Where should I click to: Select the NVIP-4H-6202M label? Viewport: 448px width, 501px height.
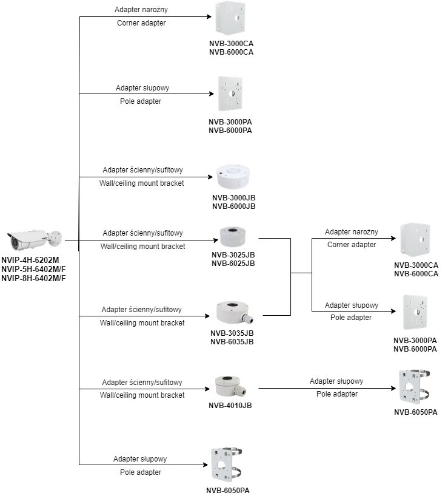[30, 261]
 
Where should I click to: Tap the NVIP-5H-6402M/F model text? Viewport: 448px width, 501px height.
[33, 270]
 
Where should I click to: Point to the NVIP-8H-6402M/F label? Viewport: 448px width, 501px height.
[33, 278]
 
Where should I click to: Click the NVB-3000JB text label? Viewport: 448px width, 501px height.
[233, 198]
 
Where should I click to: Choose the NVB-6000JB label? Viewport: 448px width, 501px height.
[233, 206]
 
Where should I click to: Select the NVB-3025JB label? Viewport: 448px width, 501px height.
[233, 254]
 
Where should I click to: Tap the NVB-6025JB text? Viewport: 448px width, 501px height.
[233, 263]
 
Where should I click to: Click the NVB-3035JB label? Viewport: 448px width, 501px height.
[232, 333]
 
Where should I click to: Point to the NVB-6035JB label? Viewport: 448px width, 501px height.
[232, 341]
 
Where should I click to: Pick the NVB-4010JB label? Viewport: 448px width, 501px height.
[231, 406]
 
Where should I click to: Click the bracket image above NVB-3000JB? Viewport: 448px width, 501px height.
[233, 177]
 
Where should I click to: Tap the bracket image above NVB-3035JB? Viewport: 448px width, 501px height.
[235, 312]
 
